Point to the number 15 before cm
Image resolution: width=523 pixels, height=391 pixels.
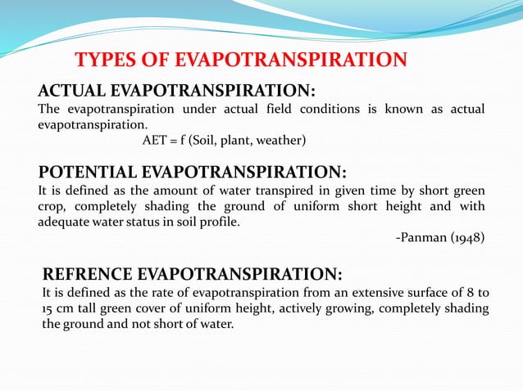pyautogui.click(x=48, y=308)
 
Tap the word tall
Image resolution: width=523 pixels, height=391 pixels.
pyautogui.click(x=93, y=308)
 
